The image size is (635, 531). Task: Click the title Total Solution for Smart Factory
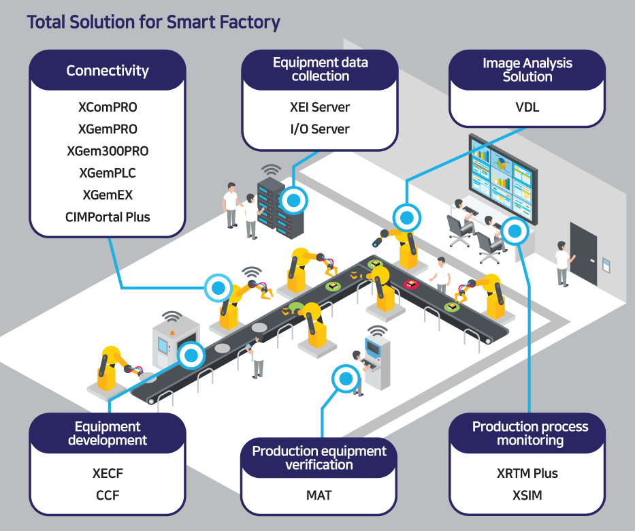pyautogui.click(x=153, y=22)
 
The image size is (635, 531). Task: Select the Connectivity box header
pyautogui.click(x=108, y=71)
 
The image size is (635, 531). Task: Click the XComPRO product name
pyautogui.click(x=108, y=107)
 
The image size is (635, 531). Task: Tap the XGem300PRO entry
pyautogui.click(x=108, y=151)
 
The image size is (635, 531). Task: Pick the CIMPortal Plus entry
pyautogui.click(x=108, y=217)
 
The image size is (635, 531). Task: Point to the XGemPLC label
pyautogui.click(x=108, y=173)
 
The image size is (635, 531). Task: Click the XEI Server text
pyautogui.click(x=320, y=107)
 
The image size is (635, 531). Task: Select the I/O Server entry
pyautogui.click(x=320, y=129)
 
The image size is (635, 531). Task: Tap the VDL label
pyautogui.click(x=527, y=107)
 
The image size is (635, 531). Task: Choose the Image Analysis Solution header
pyautogui.click(x=527, y=70)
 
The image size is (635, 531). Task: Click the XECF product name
pyautogui.click(x=108, y=473)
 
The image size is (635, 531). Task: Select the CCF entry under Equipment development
pyautogui.click(x=108, y=495)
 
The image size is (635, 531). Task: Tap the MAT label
pyautogui.click(x=319, y=495)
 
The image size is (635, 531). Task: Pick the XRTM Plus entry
pyautogui.click(x=527, y=473)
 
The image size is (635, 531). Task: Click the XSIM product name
pyautogui.click(x=527, y=495)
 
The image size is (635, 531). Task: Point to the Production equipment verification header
pyautogui.click(x=319, y=458)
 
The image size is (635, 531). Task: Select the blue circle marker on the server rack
pyautogui.click(x=294, y=200)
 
